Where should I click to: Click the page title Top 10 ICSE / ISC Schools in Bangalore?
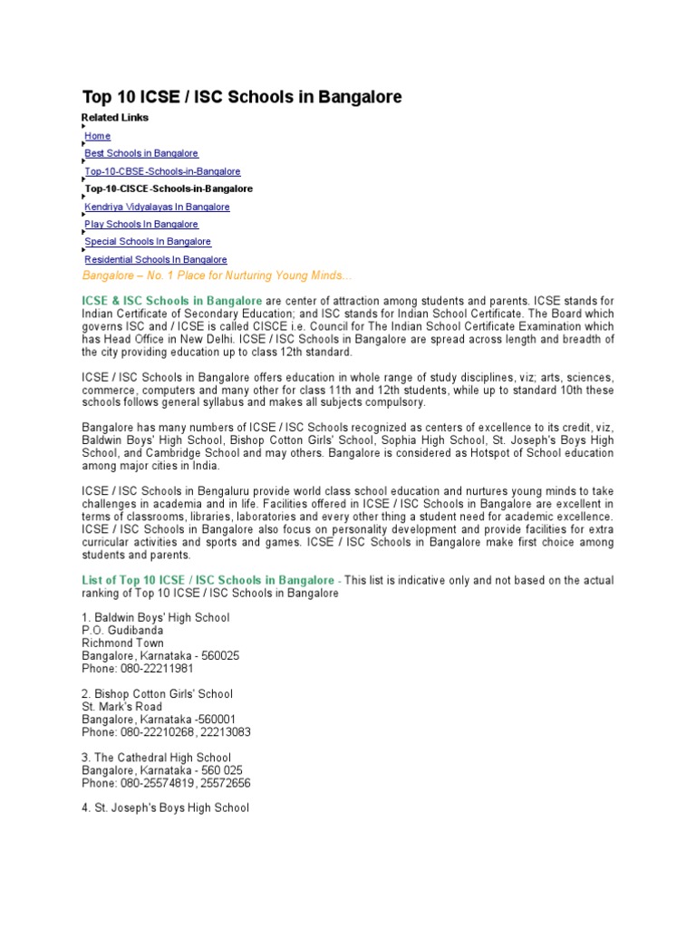(x=242, y=96)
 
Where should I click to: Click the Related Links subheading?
(x=115, y=118)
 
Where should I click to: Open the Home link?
(x=98, y=136)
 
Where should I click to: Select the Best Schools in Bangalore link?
(x=141, y=154)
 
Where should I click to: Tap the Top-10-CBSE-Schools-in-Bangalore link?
(x=162, y=171)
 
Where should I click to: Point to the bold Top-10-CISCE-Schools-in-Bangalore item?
(x=169, y=188)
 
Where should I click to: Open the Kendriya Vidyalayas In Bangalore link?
(x=157, y=207)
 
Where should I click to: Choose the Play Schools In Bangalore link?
(x=140, y=224)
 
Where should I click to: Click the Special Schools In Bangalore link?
(x=148, y=242)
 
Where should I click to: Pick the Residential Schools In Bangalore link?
(x=156, y=260)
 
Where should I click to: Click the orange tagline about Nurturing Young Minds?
(x=217, y=275)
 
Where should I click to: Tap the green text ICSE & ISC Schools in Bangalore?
(x=172, y=300)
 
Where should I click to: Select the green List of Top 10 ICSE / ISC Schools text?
(x=208, y=580)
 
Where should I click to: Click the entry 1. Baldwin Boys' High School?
(x=156, y=618)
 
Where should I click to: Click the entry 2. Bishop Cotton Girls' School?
(x=157, y=694)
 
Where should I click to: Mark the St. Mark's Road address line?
(x=122, y=707)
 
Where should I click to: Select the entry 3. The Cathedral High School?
(x=156, y=758)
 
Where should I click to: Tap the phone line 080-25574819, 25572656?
(x=166, y=783)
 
